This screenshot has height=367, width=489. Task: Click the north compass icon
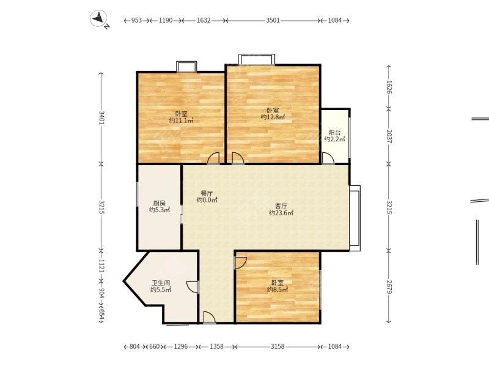99,20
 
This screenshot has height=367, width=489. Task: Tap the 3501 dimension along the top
273,20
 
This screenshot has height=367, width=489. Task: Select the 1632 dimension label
204,20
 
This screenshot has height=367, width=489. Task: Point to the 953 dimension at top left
137,20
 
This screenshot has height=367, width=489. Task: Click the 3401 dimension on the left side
101,117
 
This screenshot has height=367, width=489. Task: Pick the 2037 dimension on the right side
388,136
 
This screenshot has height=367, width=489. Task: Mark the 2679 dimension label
388,286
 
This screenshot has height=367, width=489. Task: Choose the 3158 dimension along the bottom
278,347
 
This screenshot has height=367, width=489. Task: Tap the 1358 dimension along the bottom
216,347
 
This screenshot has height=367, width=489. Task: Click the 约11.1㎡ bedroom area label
181,120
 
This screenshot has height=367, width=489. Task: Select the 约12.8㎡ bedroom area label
273,117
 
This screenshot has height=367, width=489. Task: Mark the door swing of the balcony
328,158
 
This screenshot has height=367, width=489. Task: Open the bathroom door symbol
193,286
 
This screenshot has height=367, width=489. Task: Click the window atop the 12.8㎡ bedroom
256,59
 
